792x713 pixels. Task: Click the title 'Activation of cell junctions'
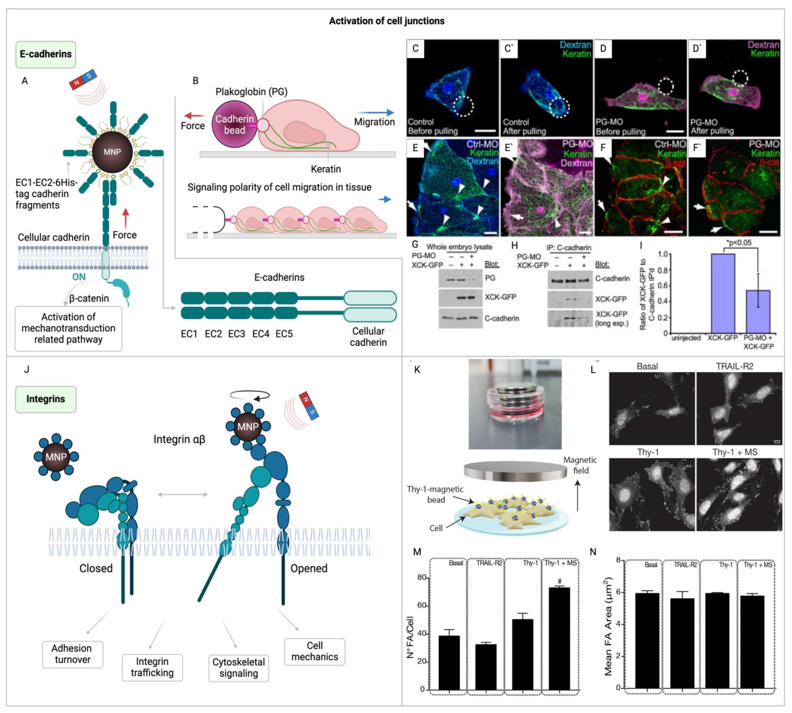(x=386, y=21)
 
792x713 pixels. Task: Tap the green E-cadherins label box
(x=45, y=54)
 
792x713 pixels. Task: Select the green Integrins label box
(x=45, y=399)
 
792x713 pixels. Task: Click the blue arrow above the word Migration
(x=374, y=112)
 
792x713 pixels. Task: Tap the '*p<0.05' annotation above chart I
(x=739, y=243)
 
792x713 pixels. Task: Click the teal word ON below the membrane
(x=79, y=277)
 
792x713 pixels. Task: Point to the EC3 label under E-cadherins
(x=237, y=334)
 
